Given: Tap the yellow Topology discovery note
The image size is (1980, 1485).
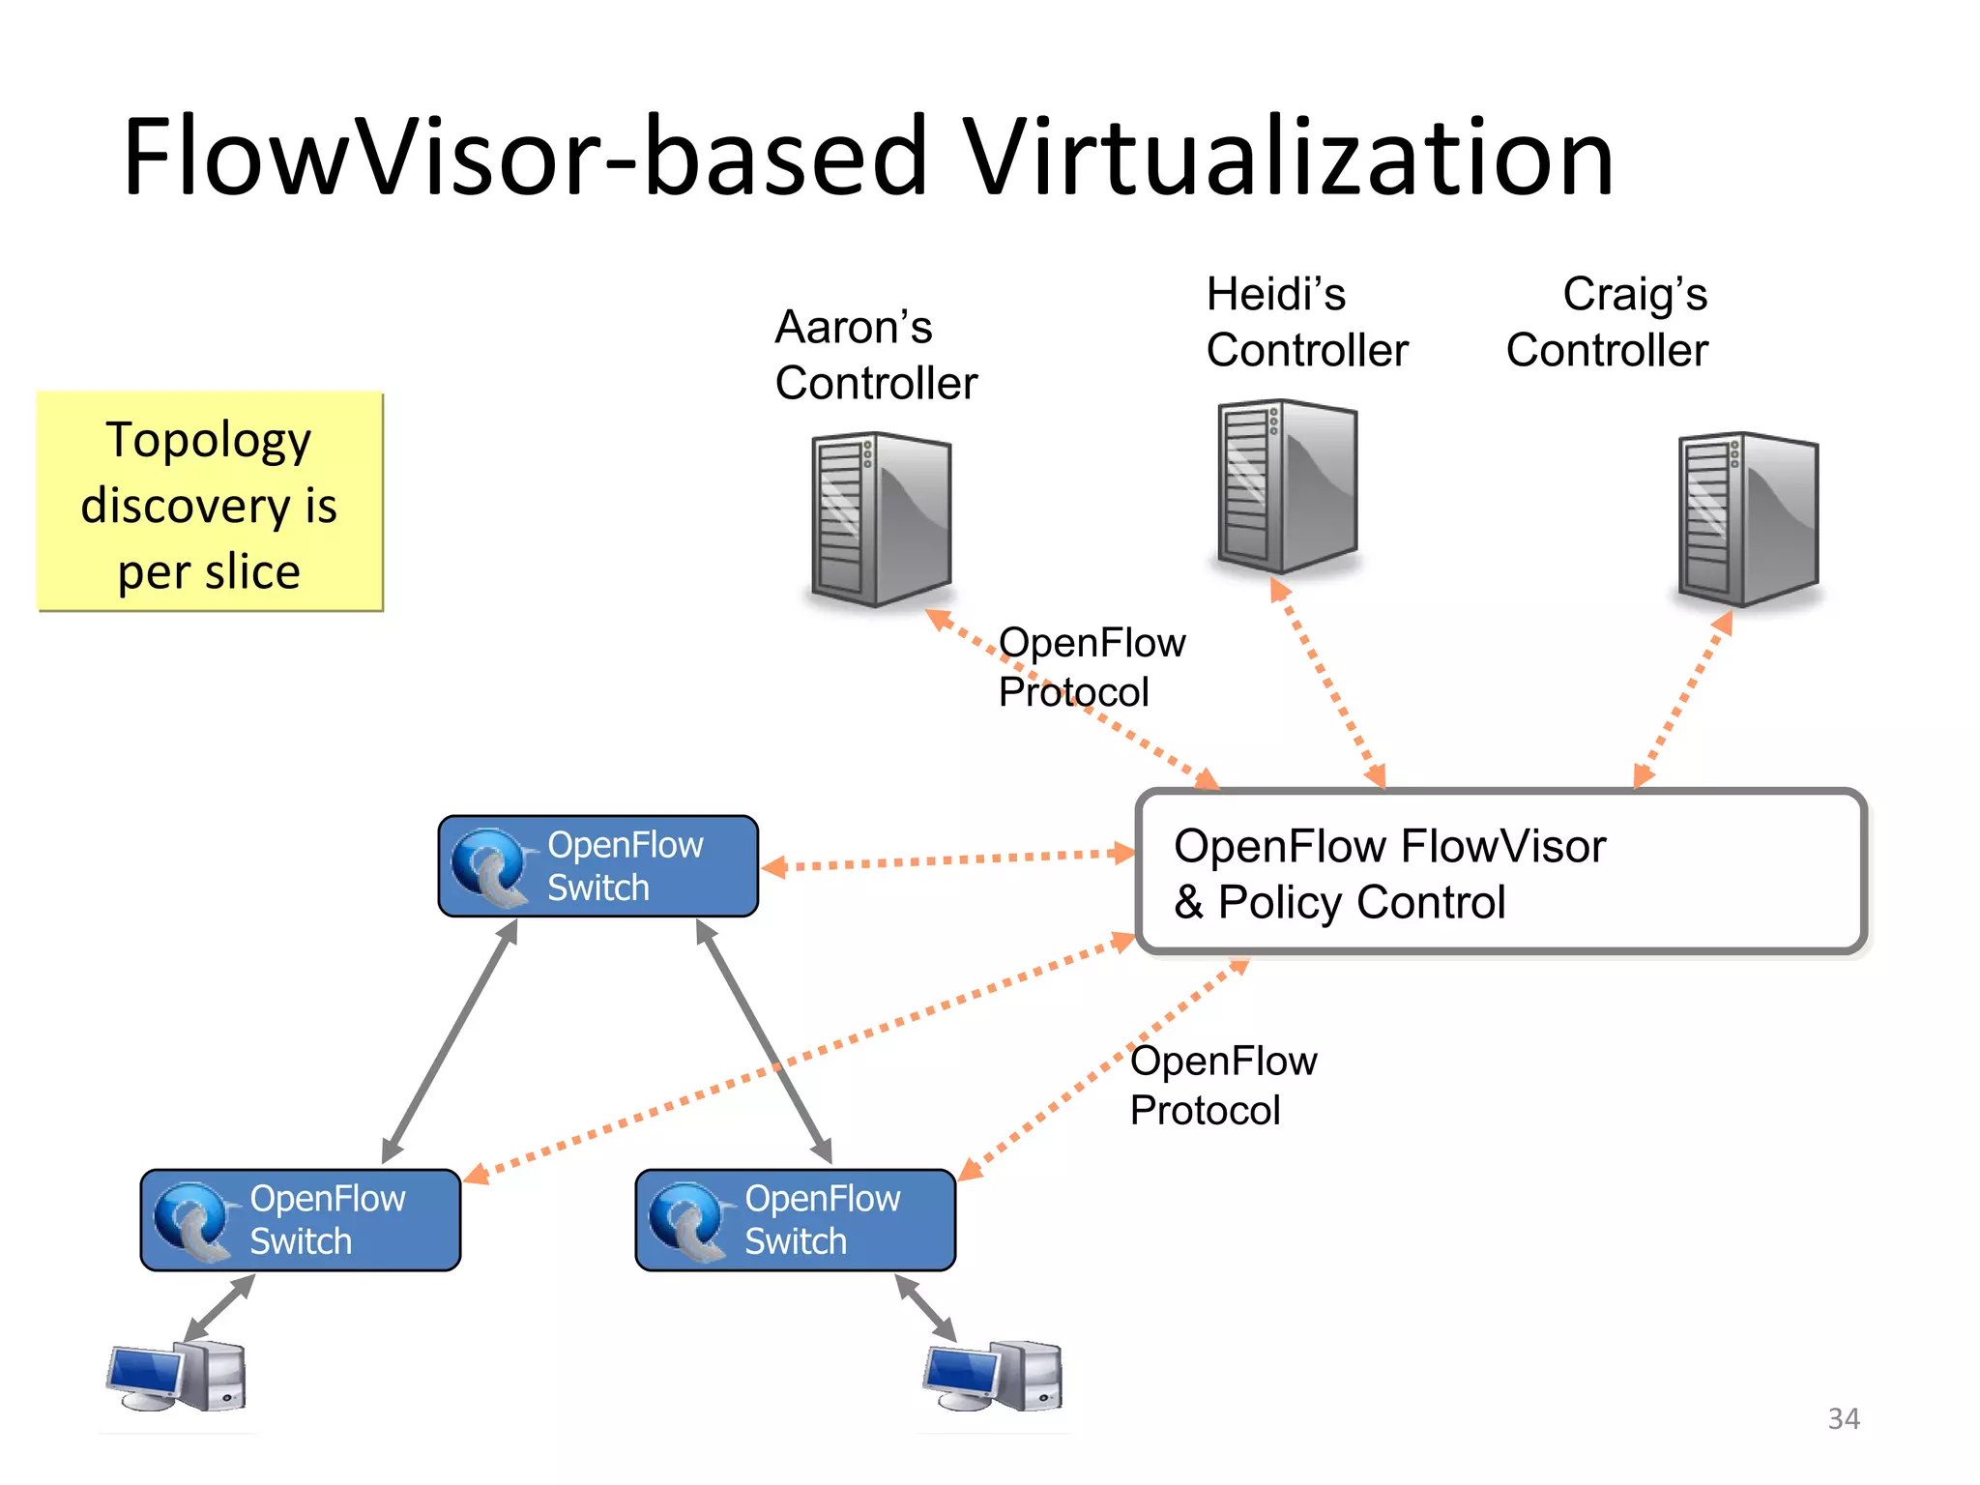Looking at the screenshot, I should (210, 502).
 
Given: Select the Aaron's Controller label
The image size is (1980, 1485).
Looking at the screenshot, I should (876, 356).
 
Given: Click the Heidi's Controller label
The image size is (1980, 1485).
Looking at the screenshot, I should (1307, 322).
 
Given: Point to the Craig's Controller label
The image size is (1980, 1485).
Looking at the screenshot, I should (1607, 322).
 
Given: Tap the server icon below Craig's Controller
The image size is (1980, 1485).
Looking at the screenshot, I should (1748, 520).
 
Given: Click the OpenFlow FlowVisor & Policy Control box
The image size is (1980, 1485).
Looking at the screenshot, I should (1501, 872).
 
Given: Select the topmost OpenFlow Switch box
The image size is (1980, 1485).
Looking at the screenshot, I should (598, 866).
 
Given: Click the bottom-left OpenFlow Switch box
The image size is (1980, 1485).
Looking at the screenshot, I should (301, 1220).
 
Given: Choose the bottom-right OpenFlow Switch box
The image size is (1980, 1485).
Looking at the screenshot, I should (796, 1220).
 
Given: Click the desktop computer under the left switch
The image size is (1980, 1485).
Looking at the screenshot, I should (177, 1376).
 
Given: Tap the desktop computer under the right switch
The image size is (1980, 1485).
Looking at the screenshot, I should (994, 1376).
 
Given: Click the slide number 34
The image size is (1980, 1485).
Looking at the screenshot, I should (1843, 1418).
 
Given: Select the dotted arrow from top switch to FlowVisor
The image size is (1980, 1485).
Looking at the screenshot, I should (947, 859).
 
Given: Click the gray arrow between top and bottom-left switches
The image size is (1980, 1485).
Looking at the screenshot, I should (451, 1040).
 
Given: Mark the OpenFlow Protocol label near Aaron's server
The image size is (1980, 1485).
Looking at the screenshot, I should (1091, 667).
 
